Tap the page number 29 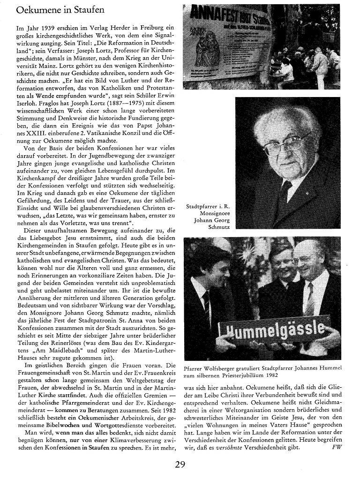(180, 465)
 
